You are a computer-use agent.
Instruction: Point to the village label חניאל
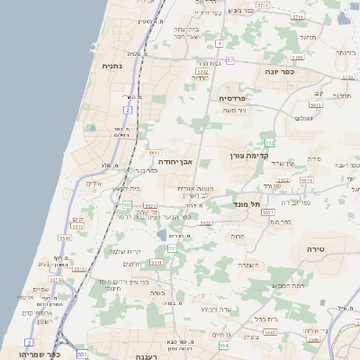pyautogui.click(x=308, y=38)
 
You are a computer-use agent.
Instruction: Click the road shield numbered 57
pyautogui.click(x=230, y=60)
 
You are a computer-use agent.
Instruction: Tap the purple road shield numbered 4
pyautogui.click(x=219, y=42)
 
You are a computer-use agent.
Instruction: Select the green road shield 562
pyautogui.click(x=269, y=143)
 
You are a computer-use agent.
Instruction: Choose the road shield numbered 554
pyautogui.click(x=223, y=346)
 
